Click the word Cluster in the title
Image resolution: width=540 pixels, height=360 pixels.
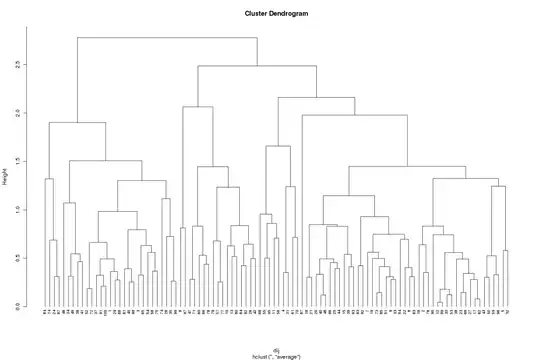[x=256, y=15]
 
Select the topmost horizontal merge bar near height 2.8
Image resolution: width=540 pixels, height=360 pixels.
[x=167, y=38]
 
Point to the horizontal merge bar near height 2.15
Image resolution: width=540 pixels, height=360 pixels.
[x=316, y=98]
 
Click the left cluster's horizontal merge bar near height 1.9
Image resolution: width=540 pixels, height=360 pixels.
[x=77, y=123]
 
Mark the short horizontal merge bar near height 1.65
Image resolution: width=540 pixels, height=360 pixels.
[x=279, y=147]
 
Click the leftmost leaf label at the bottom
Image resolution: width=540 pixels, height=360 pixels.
[x=45, y=313]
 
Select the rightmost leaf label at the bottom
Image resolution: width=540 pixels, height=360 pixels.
[x=509, y=313]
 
